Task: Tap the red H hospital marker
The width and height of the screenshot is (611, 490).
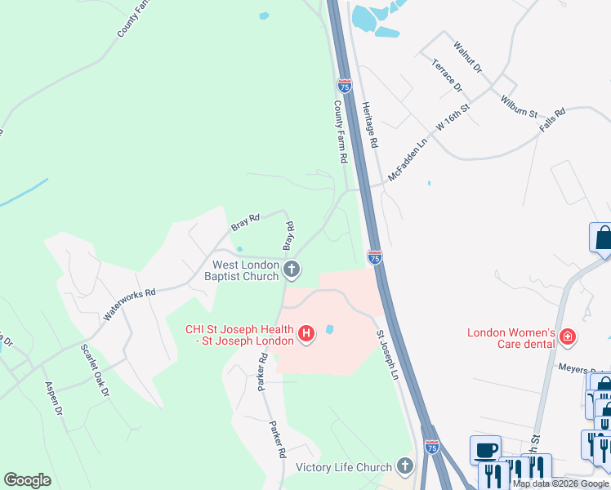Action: click(306, 334)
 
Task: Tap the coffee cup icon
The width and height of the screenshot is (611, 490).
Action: click(485, 450)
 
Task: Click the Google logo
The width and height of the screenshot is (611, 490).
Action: click(27, 480)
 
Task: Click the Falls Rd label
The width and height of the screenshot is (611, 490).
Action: click(553, 122)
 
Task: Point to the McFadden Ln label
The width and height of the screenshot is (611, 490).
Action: click(408, 158)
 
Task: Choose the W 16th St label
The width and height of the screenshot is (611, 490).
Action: click(453, 118)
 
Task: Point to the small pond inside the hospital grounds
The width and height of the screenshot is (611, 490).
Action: click(329, 330)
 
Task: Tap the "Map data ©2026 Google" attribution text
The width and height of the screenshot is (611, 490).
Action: click(561, 483)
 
